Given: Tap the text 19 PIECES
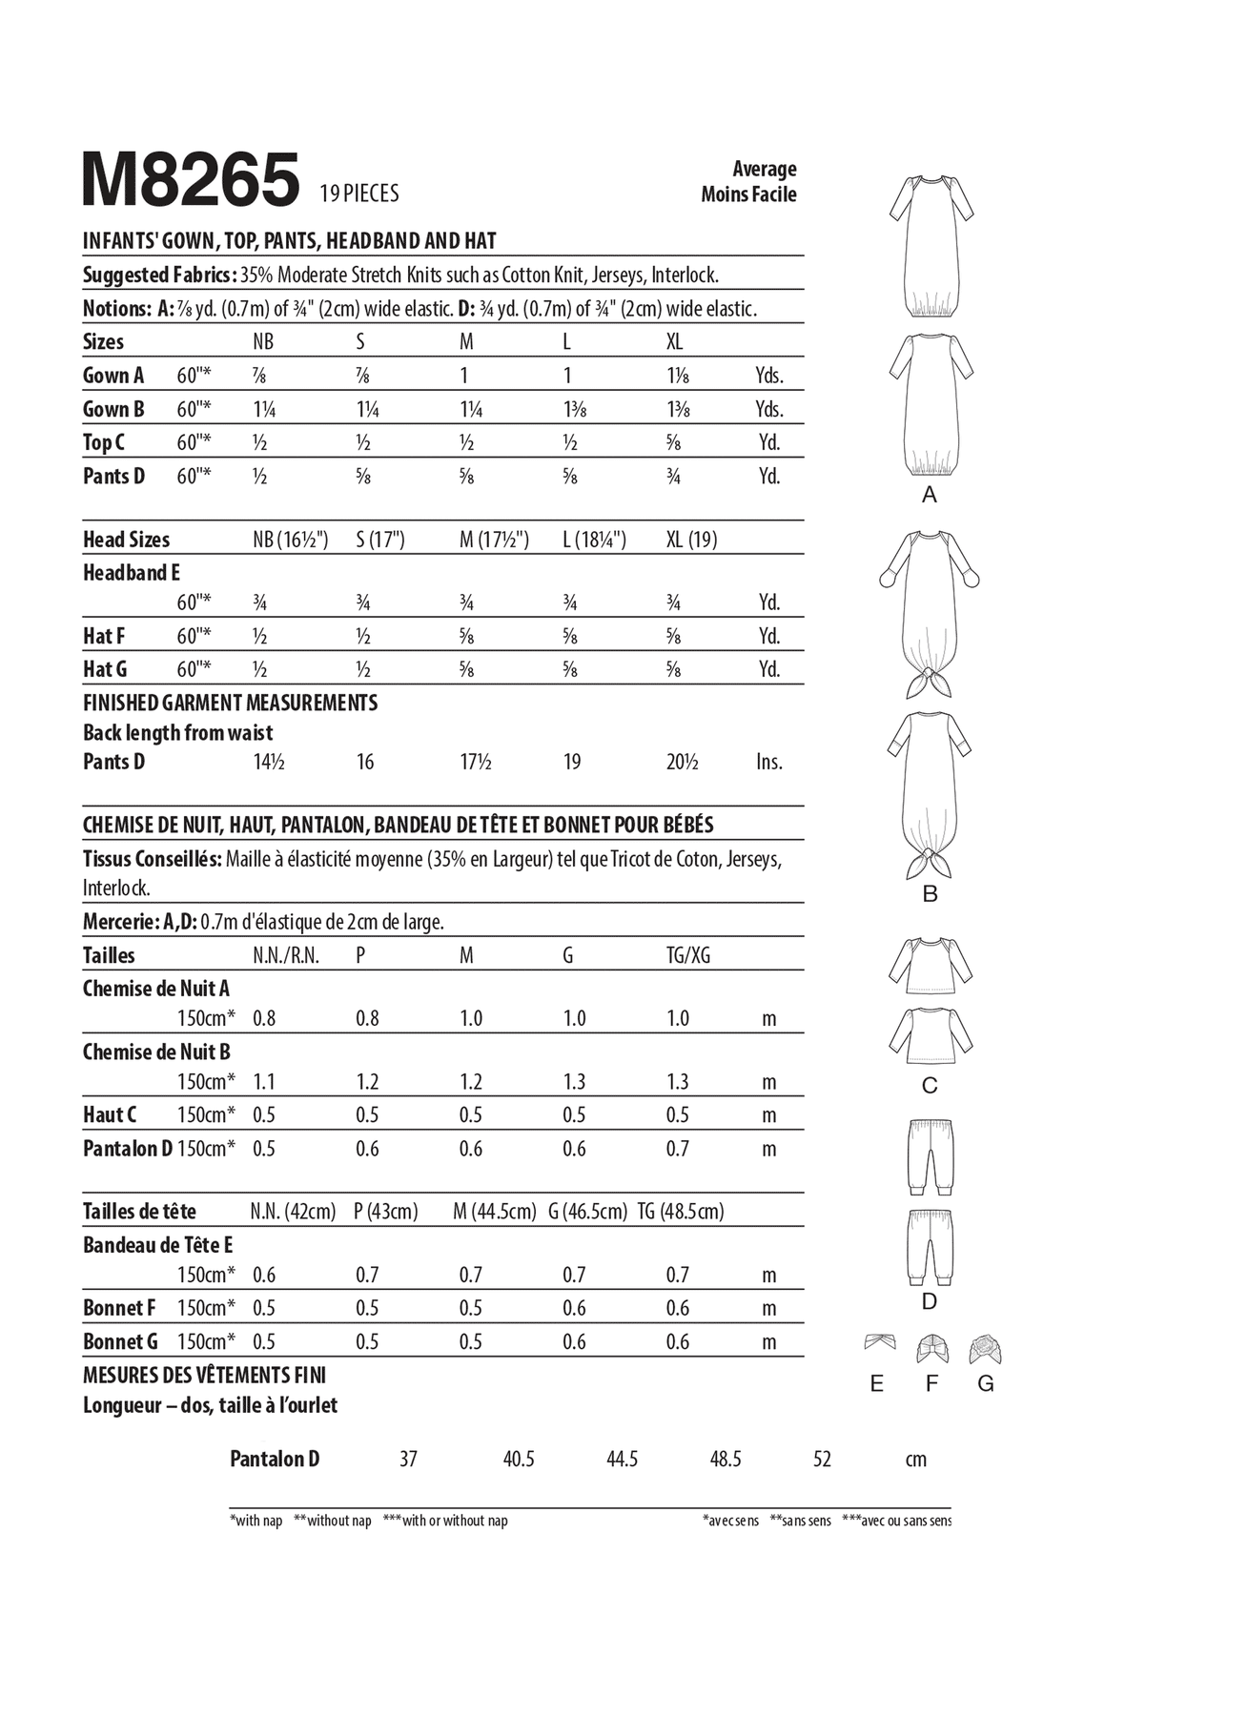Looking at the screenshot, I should point(359,194).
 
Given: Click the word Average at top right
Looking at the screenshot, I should point(764,169).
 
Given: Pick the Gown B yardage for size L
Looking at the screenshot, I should point(574,410).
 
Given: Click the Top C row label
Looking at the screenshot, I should point(103,443).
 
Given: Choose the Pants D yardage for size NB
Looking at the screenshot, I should point(259,477).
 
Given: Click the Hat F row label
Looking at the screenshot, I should point(103,636).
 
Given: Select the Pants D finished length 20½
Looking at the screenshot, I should point(683,762).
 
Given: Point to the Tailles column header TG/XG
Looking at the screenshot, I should point(687,955).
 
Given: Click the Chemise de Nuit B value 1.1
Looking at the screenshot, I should point(264,1082).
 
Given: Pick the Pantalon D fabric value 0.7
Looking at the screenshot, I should point(677,1149).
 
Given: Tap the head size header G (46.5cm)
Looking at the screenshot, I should point(587,1212).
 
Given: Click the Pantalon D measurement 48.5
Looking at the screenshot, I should point(725,1460).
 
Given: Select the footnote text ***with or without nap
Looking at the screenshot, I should point(445,1521).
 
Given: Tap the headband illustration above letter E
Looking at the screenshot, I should point(878,1343).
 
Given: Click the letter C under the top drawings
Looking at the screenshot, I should point(930,1086).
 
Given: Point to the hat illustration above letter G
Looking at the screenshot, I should point(986,1350).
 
